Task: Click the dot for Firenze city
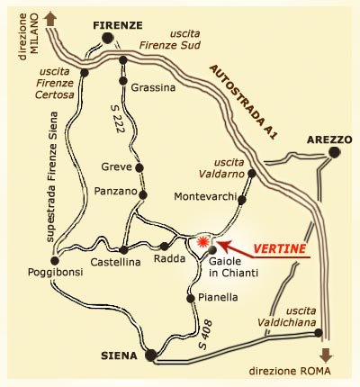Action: pos(108,39)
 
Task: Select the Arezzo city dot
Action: pos(334,153)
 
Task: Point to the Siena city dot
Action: pos(151,354)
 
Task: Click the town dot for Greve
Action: pos(139,167)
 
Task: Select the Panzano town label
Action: pos(114,191)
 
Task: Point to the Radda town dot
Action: pos(164,245)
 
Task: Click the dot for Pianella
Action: pos(190,297)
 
